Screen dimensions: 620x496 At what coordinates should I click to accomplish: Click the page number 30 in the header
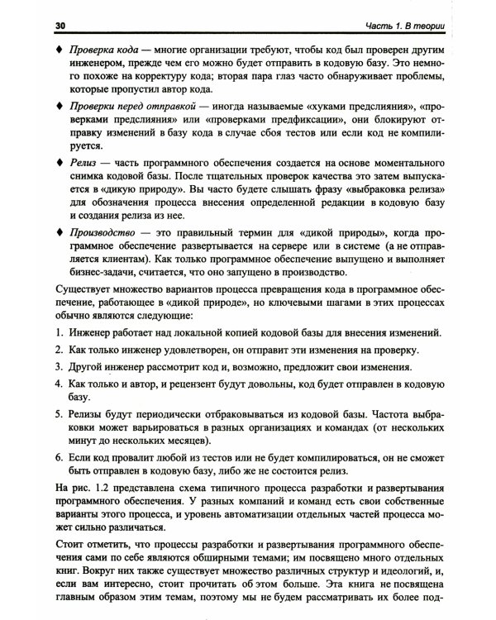[60, 26]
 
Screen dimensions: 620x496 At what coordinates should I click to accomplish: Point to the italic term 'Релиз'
[83, 160]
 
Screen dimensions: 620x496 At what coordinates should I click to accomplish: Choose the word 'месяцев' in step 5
[196, 437]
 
